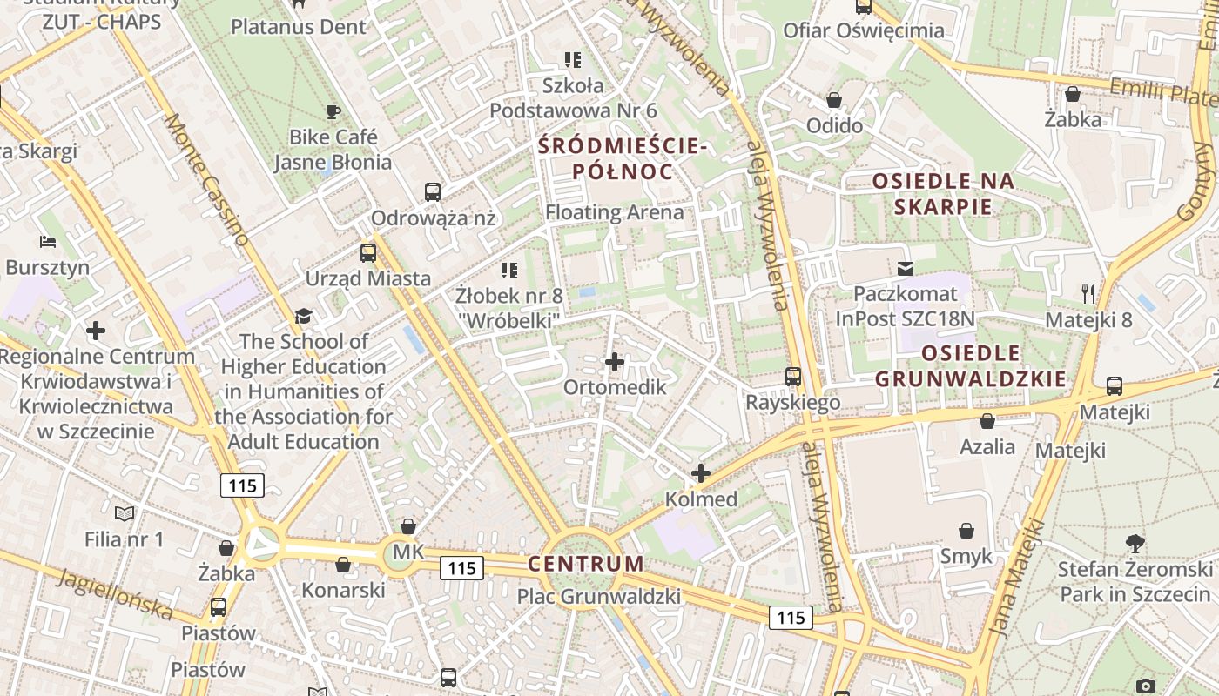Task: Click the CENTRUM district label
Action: point(586,564)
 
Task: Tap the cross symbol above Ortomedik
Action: point(615,362)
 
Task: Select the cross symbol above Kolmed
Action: point(701,473)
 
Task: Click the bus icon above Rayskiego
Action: point(793,377)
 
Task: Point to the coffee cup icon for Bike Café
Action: point(333,111)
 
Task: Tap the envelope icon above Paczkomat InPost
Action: point(906,268)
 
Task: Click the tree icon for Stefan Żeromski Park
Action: point(1135,544)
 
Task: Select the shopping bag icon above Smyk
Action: point(966,531)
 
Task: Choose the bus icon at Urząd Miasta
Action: point(368,253)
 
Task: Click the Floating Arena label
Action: point(615,212)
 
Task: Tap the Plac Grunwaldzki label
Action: point(599,597)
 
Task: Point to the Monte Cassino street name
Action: point(206,179)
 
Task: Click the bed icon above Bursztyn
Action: point(47,242)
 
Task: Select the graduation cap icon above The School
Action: point(303,316)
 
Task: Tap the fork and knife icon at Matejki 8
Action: point(1088,293)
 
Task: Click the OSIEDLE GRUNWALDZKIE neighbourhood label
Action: point(970,366)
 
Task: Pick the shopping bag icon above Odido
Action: point(834,100)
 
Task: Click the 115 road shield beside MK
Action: point(461,568)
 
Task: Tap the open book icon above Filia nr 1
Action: point(125,514)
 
